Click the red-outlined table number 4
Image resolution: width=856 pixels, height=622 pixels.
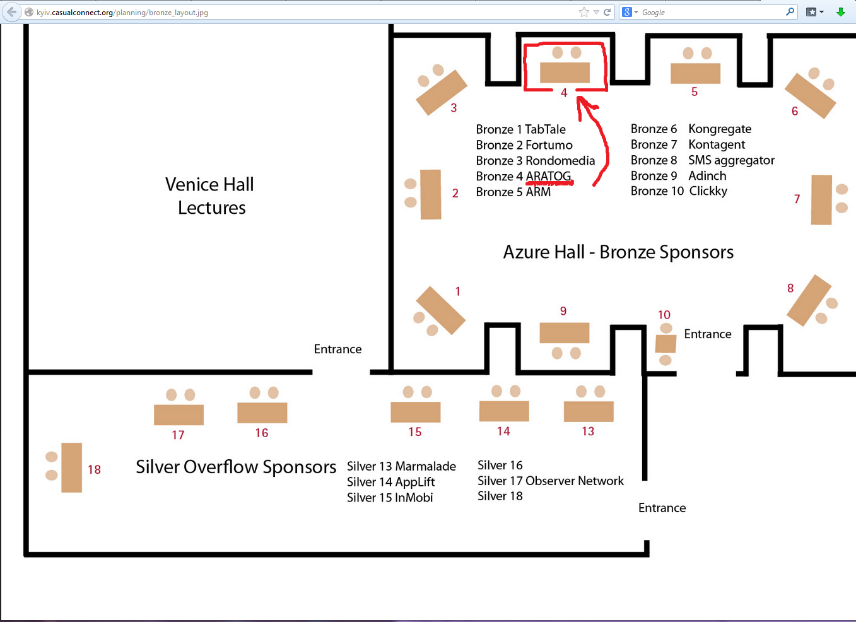[x=565, y=73]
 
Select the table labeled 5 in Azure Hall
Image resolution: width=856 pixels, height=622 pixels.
[x=695, y=73]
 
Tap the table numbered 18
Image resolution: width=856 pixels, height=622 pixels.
[x=71, y=467]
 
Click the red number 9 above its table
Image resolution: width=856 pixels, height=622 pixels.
[x=563, y=311]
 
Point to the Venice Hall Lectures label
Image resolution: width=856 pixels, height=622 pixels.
[x=210, y=196]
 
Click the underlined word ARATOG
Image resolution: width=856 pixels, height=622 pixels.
[x=548, y=176]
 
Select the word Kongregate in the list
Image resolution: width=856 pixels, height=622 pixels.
[x=720, y=129]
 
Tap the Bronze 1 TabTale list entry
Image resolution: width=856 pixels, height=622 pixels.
[x=520, y=129]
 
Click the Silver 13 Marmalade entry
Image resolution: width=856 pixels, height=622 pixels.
[x=401, y=466]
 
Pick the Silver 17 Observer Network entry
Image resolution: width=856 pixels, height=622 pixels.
[x=550, y=481]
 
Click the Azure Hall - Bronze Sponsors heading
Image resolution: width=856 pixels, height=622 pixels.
[x=618, y=252]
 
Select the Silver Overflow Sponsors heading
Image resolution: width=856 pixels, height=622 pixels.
[x=236, y=467]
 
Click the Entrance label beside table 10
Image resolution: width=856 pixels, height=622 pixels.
[x=708, y=334]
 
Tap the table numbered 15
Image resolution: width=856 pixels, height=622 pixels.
[x=415, y=412]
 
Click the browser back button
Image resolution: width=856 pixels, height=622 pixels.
[x=11, y=12]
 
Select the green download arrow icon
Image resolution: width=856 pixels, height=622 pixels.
[x=840, y=12]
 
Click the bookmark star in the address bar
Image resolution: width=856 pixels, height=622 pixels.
[x=584, y=12]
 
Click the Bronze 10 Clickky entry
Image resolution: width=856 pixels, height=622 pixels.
[x=679, y=191]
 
